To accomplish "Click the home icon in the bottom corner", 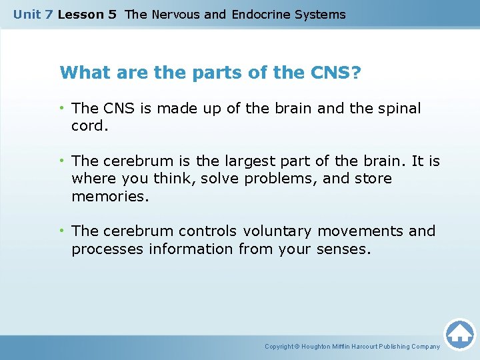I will pyautogui.click(x=459, y=333).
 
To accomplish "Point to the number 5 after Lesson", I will pyautogui.click(x=112, y=14).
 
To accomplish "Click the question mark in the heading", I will pyautogui.click(x=355, y=71).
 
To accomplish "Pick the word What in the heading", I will pyautogui.click(x=81, y=71).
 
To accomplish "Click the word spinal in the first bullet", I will pyautogui.click(x=399, y=108).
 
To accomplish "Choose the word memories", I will pyautogui.click(x=109, y=197).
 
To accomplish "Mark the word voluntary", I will pyautogui.click(x=277, y=231).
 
